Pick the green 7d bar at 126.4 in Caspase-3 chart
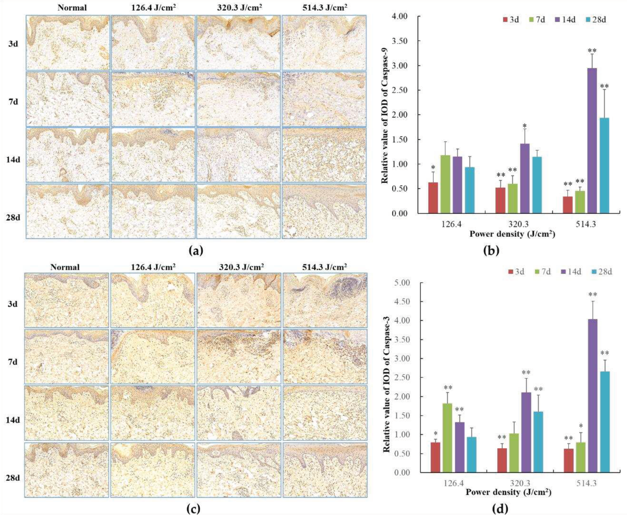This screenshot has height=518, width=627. tap(447, 438)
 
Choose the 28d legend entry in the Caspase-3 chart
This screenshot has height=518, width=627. tap(602, 272)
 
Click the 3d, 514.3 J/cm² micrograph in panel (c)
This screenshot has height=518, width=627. tap(325, 300)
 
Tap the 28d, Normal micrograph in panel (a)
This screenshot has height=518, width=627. tap(68, 211)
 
